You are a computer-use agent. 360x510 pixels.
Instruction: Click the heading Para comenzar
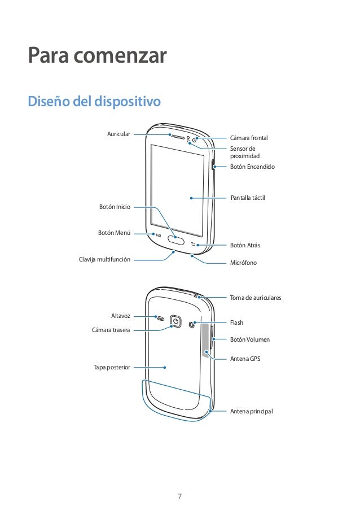click(x=98, y=56)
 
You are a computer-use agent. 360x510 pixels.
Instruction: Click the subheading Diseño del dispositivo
click(x=94, y=102)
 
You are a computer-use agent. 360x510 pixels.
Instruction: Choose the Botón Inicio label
click(x=115, y=207)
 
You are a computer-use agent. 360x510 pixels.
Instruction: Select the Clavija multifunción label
click(x=104, y=259)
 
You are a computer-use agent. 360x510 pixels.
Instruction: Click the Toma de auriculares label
click(x=256, y=297)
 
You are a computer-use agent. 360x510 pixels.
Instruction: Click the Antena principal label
click(x=251, y=411)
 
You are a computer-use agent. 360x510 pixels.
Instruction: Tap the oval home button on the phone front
click(x=176, y=241)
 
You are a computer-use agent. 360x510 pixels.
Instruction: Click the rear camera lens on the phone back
click(x=176, y=321)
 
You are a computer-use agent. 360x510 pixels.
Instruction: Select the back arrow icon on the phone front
click(x=193, y=245)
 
